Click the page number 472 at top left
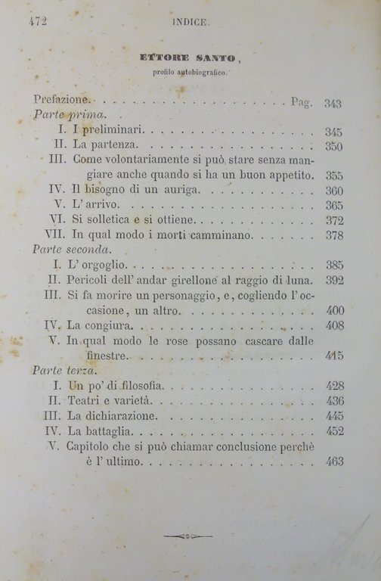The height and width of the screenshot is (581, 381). (38, 22)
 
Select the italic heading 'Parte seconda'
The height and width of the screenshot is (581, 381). (72, 249)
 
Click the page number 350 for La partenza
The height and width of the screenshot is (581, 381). (333, 146)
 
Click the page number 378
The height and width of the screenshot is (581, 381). (333, 236)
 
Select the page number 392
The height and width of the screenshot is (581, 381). (333, 279)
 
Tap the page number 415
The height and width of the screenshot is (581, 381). (333, 356)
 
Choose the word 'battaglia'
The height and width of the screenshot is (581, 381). (115, 431)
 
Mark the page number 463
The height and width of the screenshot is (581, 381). (333, 461)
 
